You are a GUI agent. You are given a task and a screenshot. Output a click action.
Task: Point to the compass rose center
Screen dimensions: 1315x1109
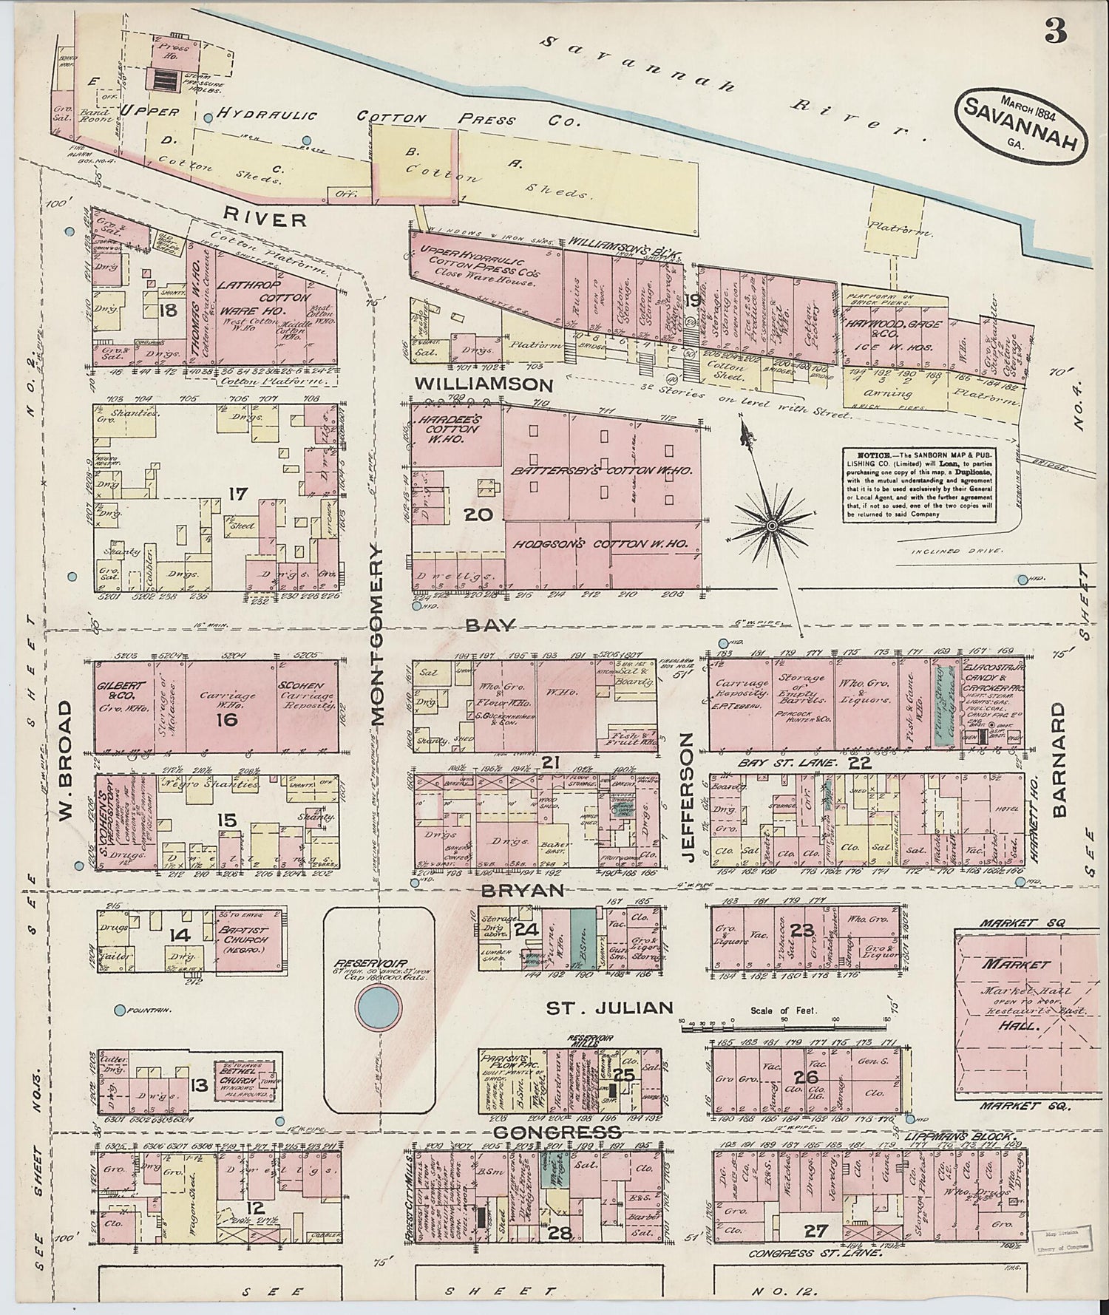click(x=771, y=525)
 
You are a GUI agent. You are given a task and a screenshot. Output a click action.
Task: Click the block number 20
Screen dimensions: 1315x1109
click(x=478, y=514)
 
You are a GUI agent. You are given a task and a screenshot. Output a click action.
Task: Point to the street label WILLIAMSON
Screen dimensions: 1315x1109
click(x=484, y=384)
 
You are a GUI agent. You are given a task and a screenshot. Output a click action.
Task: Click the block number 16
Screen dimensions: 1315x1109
click(x=226, y=717)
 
